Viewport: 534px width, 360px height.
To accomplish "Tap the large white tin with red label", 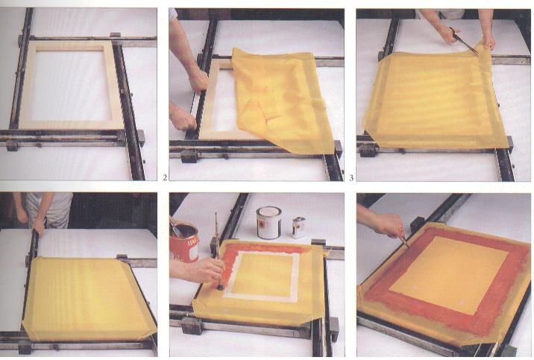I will pyautogui.click(x=268, y=222).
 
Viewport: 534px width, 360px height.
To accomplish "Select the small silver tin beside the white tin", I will pyautogui.click(x=298, y=227).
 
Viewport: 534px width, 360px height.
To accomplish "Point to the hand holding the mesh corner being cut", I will pyautogui.click(x=489, y=41).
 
